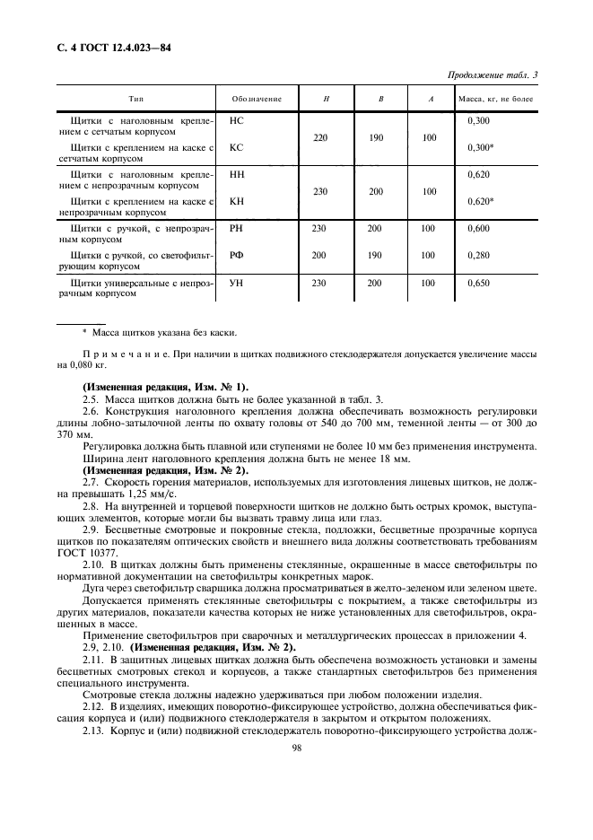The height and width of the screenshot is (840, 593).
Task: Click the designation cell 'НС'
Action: [x=238, y=119]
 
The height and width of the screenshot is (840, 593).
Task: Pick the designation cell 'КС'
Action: [x=238, y=146]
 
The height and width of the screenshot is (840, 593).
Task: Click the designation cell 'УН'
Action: [x=238, y=284]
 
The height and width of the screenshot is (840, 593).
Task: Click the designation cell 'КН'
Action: [x=238, y=201]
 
